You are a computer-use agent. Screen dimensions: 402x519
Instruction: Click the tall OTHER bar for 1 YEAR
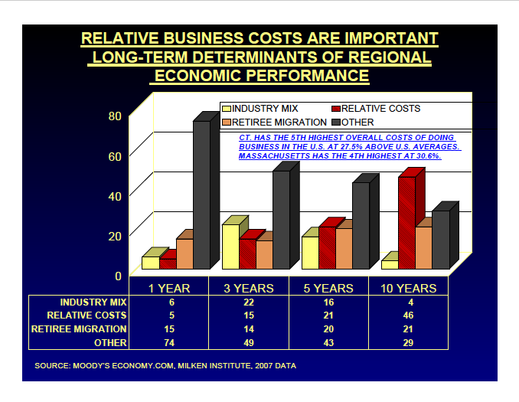click(201, 195)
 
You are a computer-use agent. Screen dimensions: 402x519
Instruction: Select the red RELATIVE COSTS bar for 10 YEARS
click(406, 222)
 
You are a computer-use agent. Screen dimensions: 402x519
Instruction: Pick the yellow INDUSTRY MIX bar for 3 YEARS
click(230, 246)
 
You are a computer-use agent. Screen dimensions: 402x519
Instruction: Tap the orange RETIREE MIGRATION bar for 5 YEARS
click(344, 249)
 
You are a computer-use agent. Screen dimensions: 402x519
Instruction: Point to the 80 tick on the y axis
click(115, 116)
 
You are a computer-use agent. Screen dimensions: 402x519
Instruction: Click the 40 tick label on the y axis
click(115, 196)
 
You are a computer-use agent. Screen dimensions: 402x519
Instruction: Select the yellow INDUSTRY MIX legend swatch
click(226, 109)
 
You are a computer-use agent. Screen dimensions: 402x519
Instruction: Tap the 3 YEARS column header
click(248, 289)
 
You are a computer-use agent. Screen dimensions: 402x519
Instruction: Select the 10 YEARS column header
click(407, 289)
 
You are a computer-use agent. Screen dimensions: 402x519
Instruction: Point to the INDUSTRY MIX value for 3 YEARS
click(248, 302)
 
